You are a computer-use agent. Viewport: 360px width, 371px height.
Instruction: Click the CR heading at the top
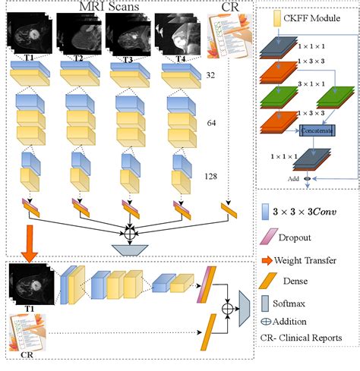(x=226, y=8)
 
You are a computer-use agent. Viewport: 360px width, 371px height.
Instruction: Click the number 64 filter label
(x=213, y=121)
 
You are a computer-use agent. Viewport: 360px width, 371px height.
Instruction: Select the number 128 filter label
(x=210, y=176)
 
